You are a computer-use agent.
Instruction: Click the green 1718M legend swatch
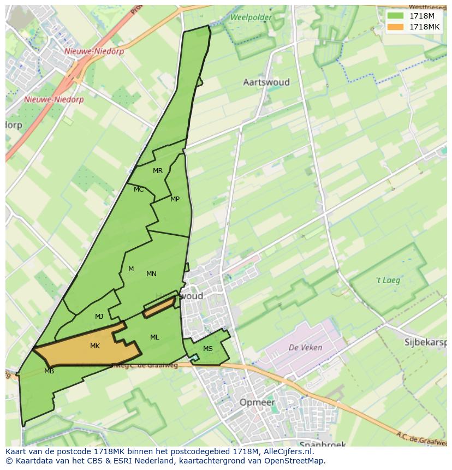396,16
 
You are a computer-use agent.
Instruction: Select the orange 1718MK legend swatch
396,27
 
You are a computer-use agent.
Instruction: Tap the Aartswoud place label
266,82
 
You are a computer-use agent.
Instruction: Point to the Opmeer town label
257,402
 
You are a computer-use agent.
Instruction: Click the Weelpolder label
251,17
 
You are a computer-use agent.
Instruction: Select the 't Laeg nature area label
388,281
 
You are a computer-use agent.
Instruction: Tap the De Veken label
305,347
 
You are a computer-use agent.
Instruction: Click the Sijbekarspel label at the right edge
425,343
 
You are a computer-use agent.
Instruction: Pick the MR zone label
158,171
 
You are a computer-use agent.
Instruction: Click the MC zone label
139,189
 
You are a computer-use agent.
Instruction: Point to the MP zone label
175,199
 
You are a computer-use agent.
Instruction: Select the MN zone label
151,274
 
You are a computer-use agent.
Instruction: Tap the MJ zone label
99,317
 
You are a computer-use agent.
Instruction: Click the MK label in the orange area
95,346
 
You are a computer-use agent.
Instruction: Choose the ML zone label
154,337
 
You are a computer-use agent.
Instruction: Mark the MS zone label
208,349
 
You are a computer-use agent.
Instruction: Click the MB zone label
49,371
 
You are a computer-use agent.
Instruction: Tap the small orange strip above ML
159,307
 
